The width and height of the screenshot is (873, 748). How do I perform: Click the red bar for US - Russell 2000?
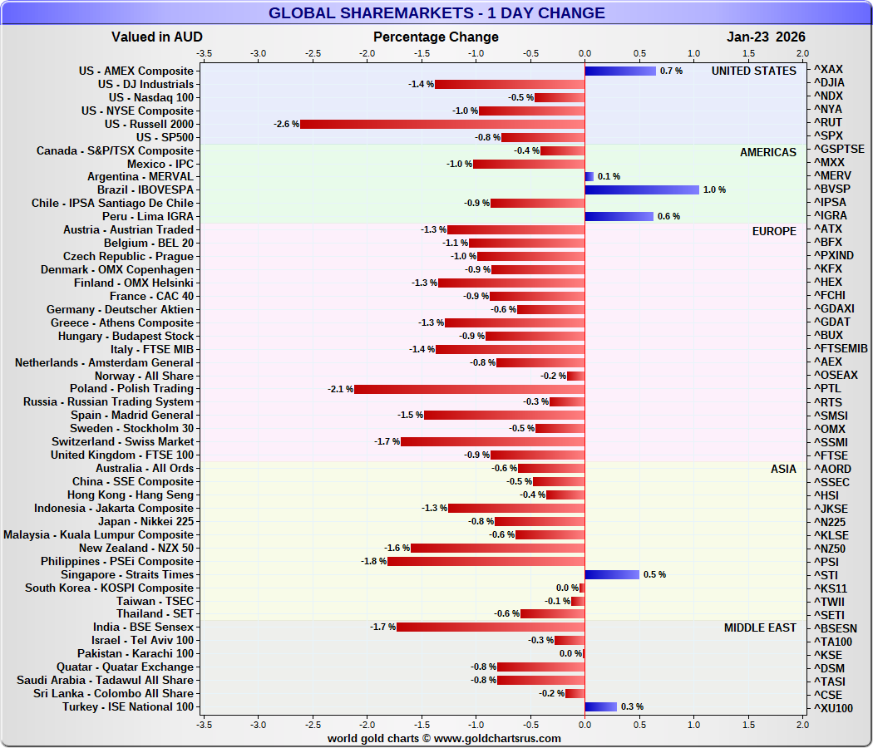[x=441, y=124]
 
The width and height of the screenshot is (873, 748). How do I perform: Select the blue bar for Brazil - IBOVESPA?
[x=641, y=189]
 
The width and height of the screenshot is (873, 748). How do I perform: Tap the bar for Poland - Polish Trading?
[x=469, y=389]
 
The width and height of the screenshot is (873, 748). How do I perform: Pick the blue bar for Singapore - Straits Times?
[x=611, y=574]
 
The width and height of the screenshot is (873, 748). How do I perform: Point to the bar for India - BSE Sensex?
[x=490, y=627]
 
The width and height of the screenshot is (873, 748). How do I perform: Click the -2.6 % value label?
[x=286, y=124]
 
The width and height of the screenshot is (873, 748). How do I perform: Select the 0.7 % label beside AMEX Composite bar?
[x=671, y=71]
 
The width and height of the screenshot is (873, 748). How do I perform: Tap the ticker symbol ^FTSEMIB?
[x=841, y=348]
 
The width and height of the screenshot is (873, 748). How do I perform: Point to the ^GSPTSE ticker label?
[x=838, y=150]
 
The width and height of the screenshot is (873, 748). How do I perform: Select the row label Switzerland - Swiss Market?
[x=122, y=441]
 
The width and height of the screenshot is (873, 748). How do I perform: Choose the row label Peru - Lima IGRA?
[x=148, y=216]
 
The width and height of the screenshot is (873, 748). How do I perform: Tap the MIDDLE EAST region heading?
[x=759, y=627]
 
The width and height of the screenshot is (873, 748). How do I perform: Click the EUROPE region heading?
[x=773, y=231]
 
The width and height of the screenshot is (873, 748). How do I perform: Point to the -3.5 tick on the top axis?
[x=204, y=52]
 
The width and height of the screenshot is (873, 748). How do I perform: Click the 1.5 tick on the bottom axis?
[x=748, y=724]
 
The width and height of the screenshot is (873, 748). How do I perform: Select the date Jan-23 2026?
[x=766, y=37]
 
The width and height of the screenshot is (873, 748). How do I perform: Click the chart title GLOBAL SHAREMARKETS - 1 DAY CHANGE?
[x=436, y=13]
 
